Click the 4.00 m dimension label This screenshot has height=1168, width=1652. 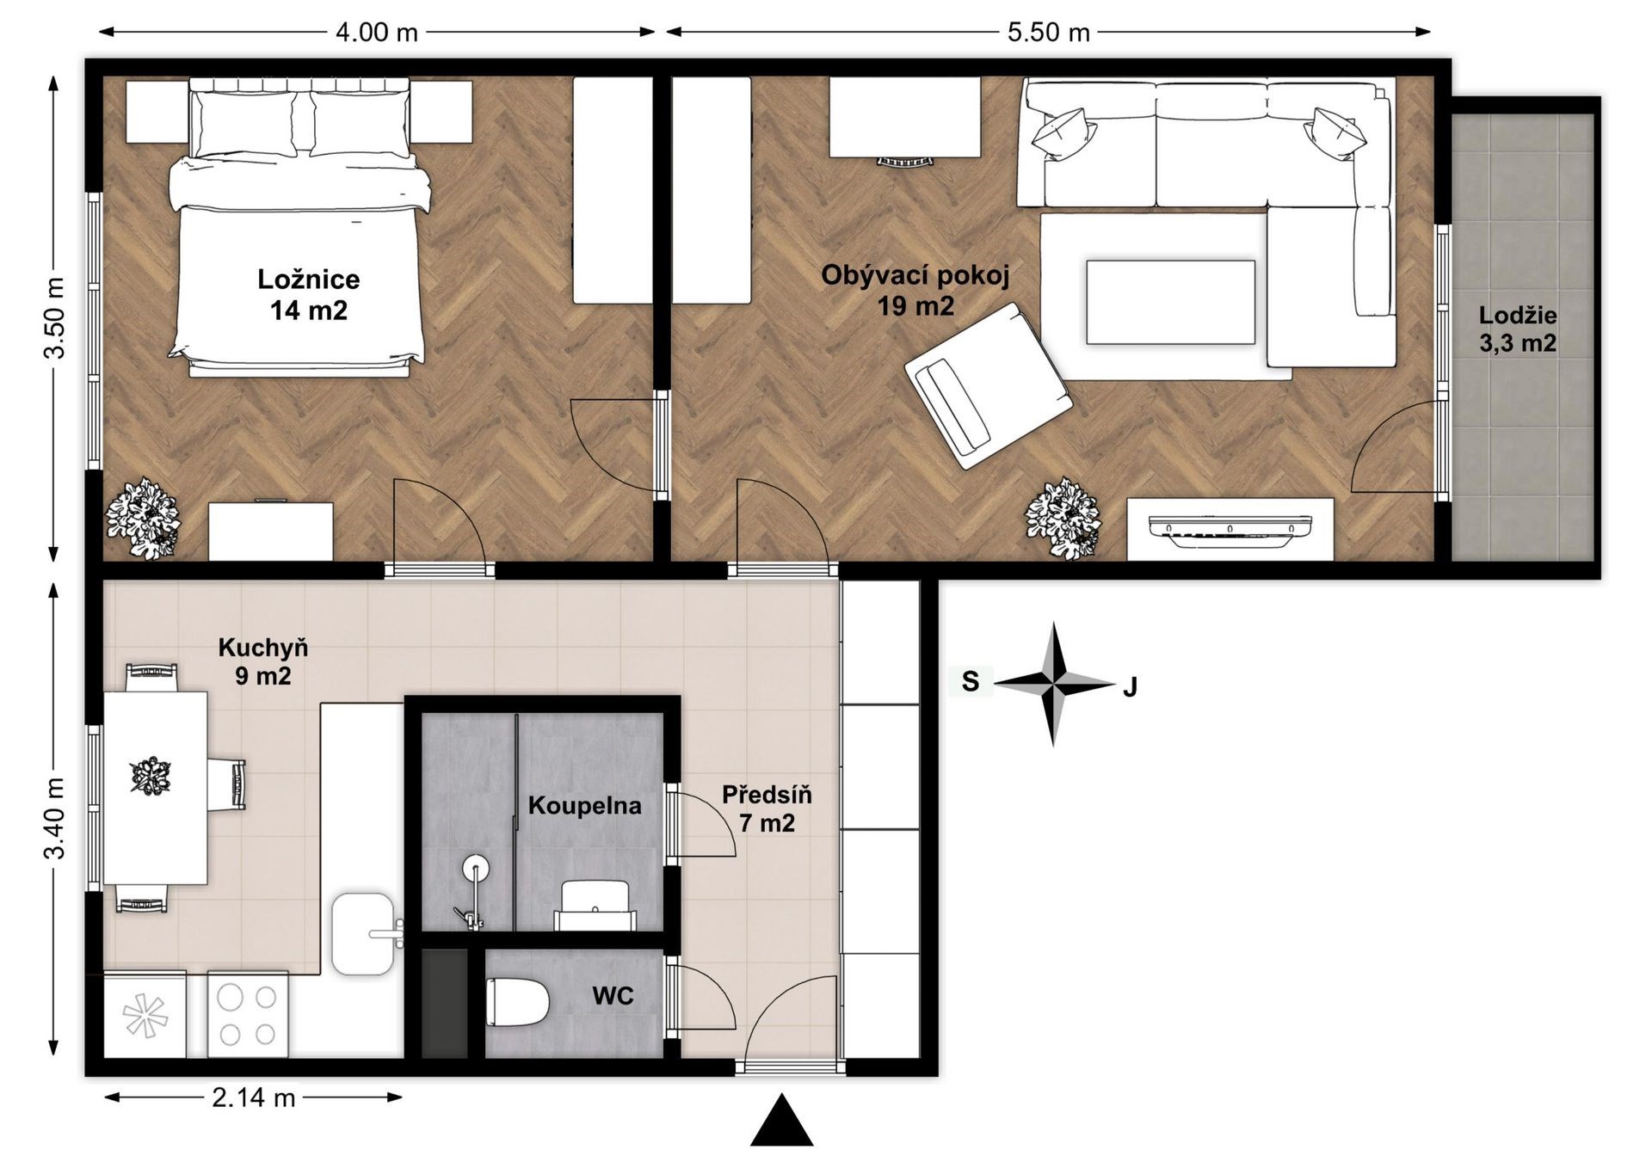click(376, 33)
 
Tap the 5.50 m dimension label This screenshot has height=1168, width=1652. click(1048, 33)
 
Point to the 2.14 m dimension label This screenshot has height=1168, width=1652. click(254, 1097)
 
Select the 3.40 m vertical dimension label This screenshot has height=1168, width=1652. click(55, 818)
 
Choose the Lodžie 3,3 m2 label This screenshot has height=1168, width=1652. click(1518, 329)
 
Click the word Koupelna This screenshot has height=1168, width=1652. click(585, 806)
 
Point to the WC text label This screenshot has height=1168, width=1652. click(613, 996)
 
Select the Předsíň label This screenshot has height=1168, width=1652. click(767, 794)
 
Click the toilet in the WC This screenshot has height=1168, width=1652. click(517, 1002)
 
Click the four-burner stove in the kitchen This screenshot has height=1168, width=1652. click(248, 1015)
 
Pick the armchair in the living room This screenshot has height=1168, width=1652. click(989, 385)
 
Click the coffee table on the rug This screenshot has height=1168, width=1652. click(1170, 303)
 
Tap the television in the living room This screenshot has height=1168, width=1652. click(1230, 527)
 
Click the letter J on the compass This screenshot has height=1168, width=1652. click(1131, 687)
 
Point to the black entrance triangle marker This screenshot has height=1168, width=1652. click(781, 1121)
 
